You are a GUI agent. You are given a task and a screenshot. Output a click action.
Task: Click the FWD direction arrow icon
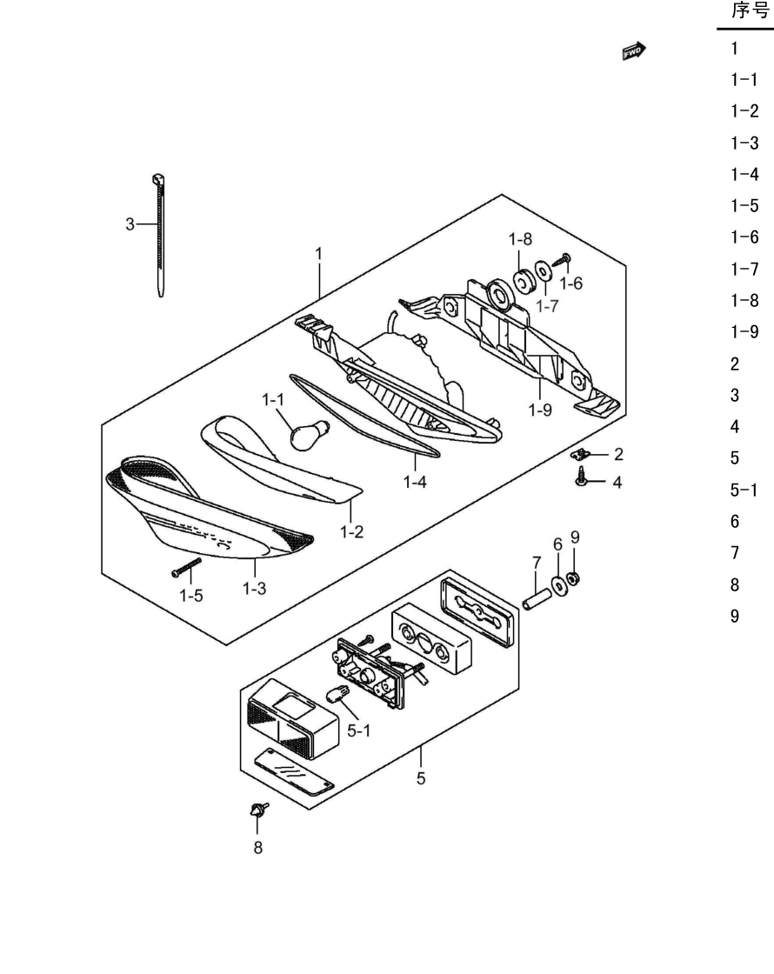click(634, 51)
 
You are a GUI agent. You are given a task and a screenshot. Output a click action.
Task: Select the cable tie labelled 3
click(160, 235)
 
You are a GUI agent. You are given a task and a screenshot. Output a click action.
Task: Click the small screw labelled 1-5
click(186, 567)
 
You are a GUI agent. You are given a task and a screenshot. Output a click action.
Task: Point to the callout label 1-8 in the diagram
click(520, 239)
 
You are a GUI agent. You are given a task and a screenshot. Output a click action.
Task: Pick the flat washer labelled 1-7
click(543, 271)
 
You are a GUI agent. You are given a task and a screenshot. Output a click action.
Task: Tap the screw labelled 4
click(582, 477)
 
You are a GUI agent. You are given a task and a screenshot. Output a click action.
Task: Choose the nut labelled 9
click(574, 579)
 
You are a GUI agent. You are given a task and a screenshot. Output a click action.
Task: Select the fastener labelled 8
click(257, 810)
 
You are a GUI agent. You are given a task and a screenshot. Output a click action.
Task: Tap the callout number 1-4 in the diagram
click(415, 482)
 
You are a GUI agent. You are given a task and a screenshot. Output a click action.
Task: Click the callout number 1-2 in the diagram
click(351, 531)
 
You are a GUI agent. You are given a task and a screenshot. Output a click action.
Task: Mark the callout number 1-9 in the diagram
click(540, 410)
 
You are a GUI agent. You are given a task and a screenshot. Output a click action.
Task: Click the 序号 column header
click(751, 10)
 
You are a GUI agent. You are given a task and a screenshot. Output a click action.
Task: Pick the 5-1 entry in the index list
click(744, 490)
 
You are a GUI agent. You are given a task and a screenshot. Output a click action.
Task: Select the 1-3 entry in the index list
click(744, 143)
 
